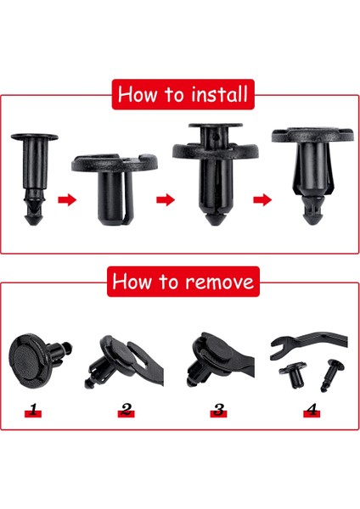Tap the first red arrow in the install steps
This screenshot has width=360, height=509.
[65, 201]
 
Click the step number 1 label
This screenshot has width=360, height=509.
[33, 411]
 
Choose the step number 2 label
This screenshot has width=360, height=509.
[127, 411]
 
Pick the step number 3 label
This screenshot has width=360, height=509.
[219, 411]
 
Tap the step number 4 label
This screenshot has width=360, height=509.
[311, 411]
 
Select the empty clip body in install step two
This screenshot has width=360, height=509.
[114, 187]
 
